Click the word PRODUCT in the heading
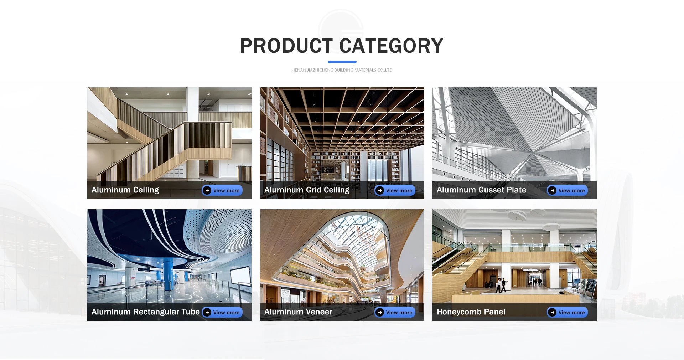(x=286, y=46)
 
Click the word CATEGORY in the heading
(x=391, y=46)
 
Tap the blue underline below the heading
(x=342, y=62)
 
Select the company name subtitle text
(x=342, y=70)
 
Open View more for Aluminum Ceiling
(x=222, y=190)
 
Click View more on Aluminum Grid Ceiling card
(x=395, y=190)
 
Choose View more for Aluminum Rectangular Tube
(x=222, y=312)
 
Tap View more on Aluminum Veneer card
(x=395, y=312)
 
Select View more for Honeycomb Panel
(x=567, y=312)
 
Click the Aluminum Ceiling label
(x=125, y=190)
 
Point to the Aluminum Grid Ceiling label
(x=307, y=190)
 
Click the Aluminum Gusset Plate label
(x=481, y=190)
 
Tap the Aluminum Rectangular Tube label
(x=145, y=312)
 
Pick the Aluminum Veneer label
(x=298, y=312)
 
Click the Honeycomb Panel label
(x=471, y=312)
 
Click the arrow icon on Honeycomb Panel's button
(x=552, y=312)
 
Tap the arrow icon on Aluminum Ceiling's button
(x=207, y=190)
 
